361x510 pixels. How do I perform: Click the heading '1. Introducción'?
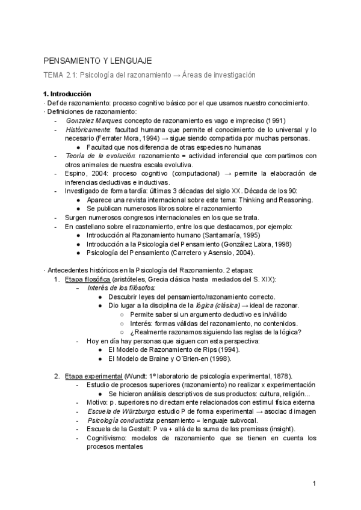point(67,94)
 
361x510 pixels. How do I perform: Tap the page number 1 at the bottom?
point(314,484)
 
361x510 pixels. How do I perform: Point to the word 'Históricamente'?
point(88,129)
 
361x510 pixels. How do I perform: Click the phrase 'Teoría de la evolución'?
point(99,156)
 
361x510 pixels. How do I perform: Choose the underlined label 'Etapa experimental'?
point(91,376)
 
